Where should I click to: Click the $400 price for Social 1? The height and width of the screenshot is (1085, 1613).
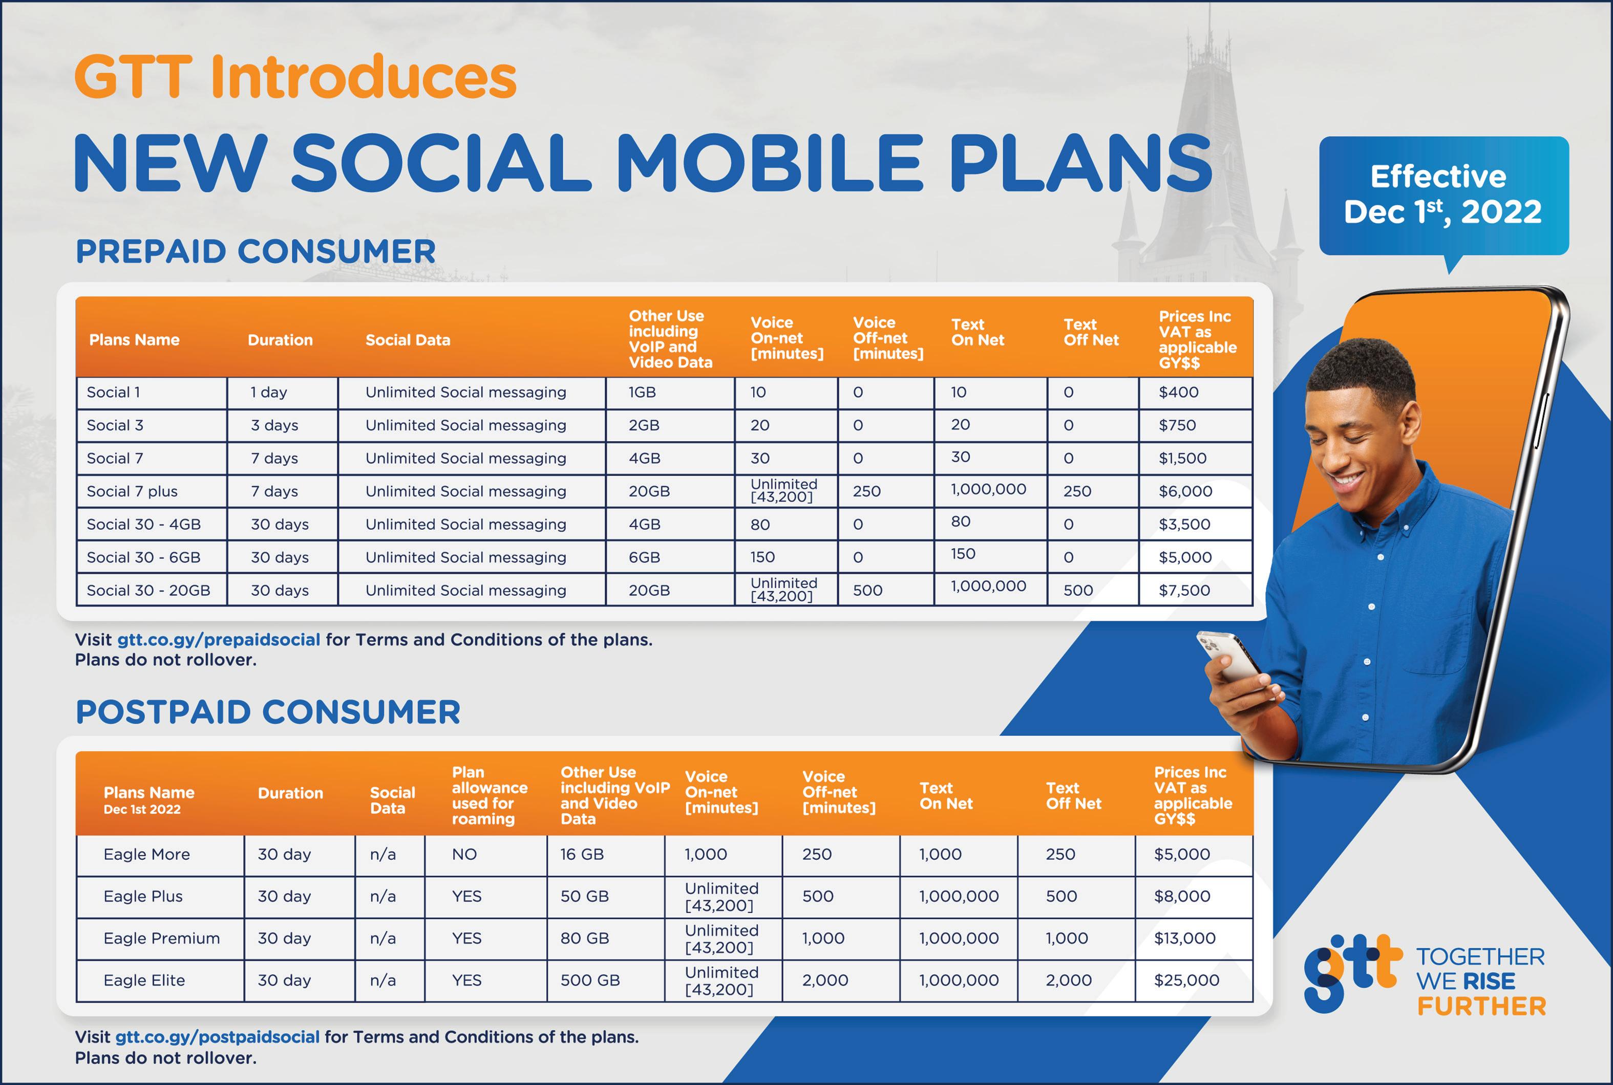point(1178,393)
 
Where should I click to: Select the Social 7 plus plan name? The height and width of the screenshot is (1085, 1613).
point(132,491)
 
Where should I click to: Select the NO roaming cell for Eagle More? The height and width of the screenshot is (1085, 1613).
point(464,855)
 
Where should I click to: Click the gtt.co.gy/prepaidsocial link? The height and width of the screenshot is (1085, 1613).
point(219,640)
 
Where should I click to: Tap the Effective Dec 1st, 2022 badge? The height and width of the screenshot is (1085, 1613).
point(1444,196)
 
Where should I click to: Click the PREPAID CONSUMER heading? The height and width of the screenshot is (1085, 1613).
point(256,251)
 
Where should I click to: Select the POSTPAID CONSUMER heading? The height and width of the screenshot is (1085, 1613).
point(268,712)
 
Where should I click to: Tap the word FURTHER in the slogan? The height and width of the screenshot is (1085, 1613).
point(1481,1007)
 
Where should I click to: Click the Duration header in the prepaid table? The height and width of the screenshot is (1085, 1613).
point(281,340)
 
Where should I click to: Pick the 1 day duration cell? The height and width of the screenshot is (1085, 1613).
point(269,393)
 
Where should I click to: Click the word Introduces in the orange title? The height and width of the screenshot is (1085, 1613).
point(364,76)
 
